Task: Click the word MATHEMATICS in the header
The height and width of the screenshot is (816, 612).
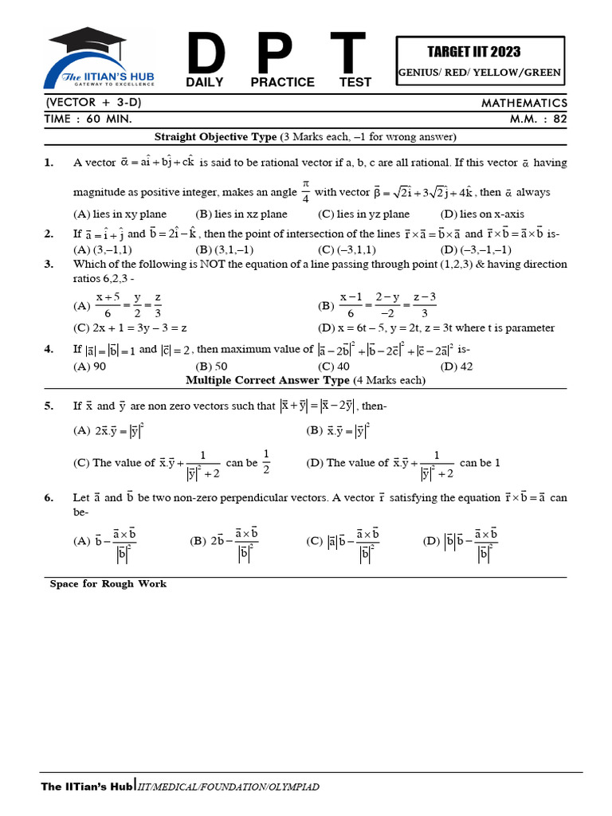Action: tap(524, 103)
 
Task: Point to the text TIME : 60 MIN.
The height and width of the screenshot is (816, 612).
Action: tap(88, 118)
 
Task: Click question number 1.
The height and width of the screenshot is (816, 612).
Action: tap(49, 163)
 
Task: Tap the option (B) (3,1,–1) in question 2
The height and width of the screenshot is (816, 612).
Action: tap(225, 249)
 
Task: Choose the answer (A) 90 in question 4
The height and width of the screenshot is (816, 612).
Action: tap(89, 367)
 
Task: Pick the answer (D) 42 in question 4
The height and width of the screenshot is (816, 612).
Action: tap(456, 367)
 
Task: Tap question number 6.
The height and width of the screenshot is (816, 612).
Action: tap(49, 498)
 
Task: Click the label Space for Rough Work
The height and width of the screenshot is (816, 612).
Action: tap(108, 584)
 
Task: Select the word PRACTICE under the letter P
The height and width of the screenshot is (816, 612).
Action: tap(282, 82)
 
